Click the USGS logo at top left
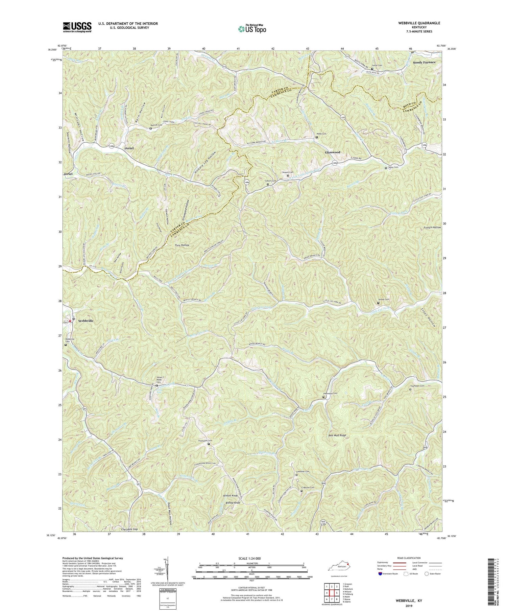[77, 27]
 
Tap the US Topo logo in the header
[252, 29]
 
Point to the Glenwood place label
[332, 152]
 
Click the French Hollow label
[432, 228]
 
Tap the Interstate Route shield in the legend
[380, 574]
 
